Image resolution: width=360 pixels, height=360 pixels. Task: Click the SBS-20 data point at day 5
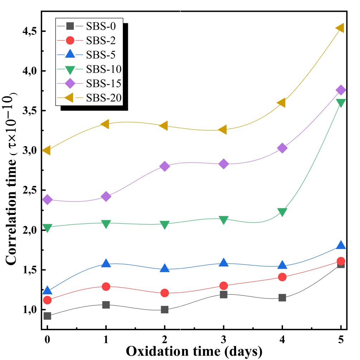tap(340, 28)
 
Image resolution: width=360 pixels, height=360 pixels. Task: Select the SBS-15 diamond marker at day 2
tap(164, 166)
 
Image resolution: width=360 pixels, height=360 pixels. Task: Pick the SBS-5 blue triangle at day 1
tap(106, 263)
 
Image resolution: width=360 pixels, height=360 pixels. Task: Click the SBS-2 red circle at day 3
tap(223, 286)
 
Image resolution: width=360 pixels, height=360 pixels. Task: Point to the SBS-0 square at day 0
tap(47, 316)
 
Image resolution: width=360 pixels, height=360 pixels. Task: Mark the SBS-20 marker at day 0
tap(46, 150)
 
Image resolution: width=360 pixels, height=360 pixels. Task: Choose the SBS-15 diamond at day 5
tap(341, 90)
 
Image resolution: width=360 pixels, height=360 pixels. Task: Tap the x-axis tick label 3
tap(223, 339)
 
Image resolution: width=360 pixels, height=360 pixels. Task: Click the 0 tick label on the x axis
tap(47, 339)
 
